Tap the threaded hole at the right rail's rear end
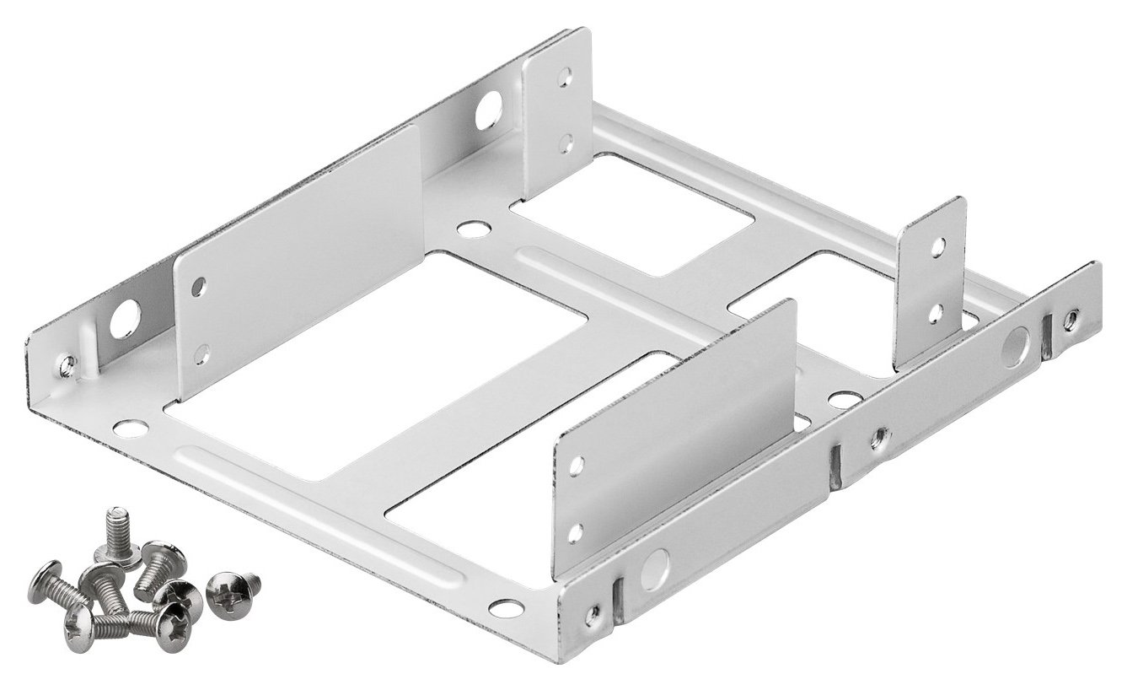[x=1071, y=319]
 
